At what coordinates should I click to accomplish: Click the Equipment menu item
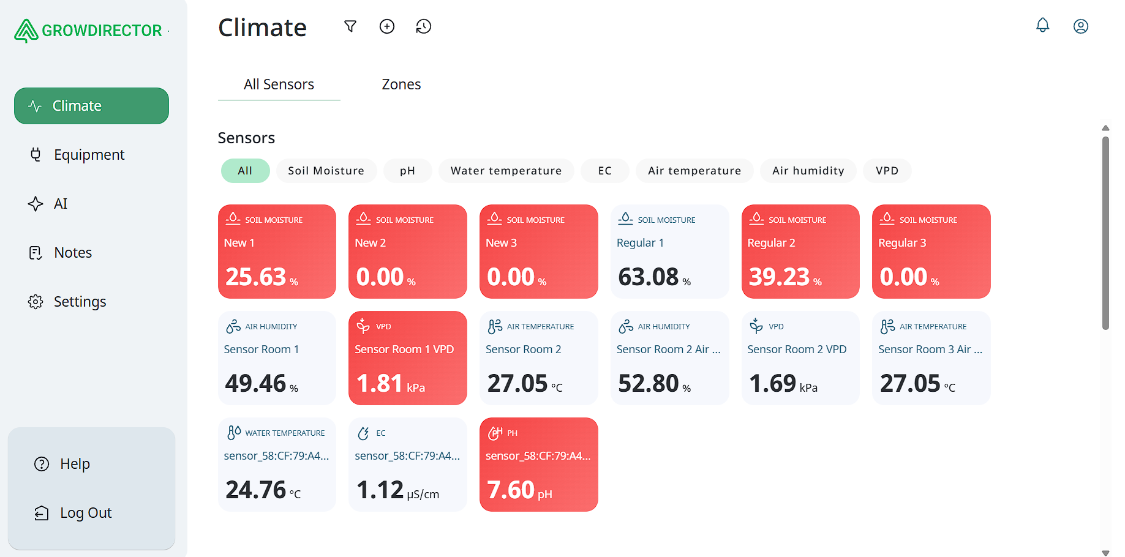coord(89,155)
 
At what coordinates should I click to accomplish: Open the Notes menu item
coord(72,253)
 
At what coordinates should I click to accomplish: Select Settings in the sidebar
coord(80,302)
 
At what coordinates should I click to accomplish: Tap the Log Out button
coord(85,513)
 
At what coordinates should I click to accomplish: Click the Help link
coord(75,464)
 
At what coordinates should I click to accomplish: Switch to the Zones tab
coord(401,84)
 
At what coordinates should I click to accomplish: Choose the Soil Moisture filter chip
coord(326,171)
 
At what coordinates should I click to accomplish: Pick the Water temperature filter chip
coord(506,171)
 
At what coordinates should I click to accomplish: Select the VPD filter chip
coord(887,171)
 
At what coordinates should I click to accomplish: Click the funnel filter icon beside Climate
coord(350,26)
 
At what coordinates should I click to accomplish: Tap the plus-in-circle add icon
coord(387,26)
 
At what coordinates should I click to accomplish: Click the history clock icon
coord(424,26)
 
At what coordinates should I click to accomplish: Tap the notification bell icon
coord(1042,26)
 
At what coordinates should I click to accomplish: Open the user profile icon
coord(1080,26)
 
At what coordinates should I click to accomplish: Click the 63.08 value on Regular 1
coord(648,277)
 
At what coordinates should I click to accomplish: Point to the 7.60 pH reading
coord(511,490)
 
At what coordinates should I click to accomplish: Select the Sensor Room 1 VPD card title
coord(404,350)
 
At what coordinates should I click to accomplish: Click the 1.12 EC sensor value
coord(380,490)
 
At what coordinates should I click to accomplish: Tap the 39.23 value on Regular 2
coord(779,277)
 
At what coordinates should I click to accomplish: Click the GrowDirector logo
coord(89,31)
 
